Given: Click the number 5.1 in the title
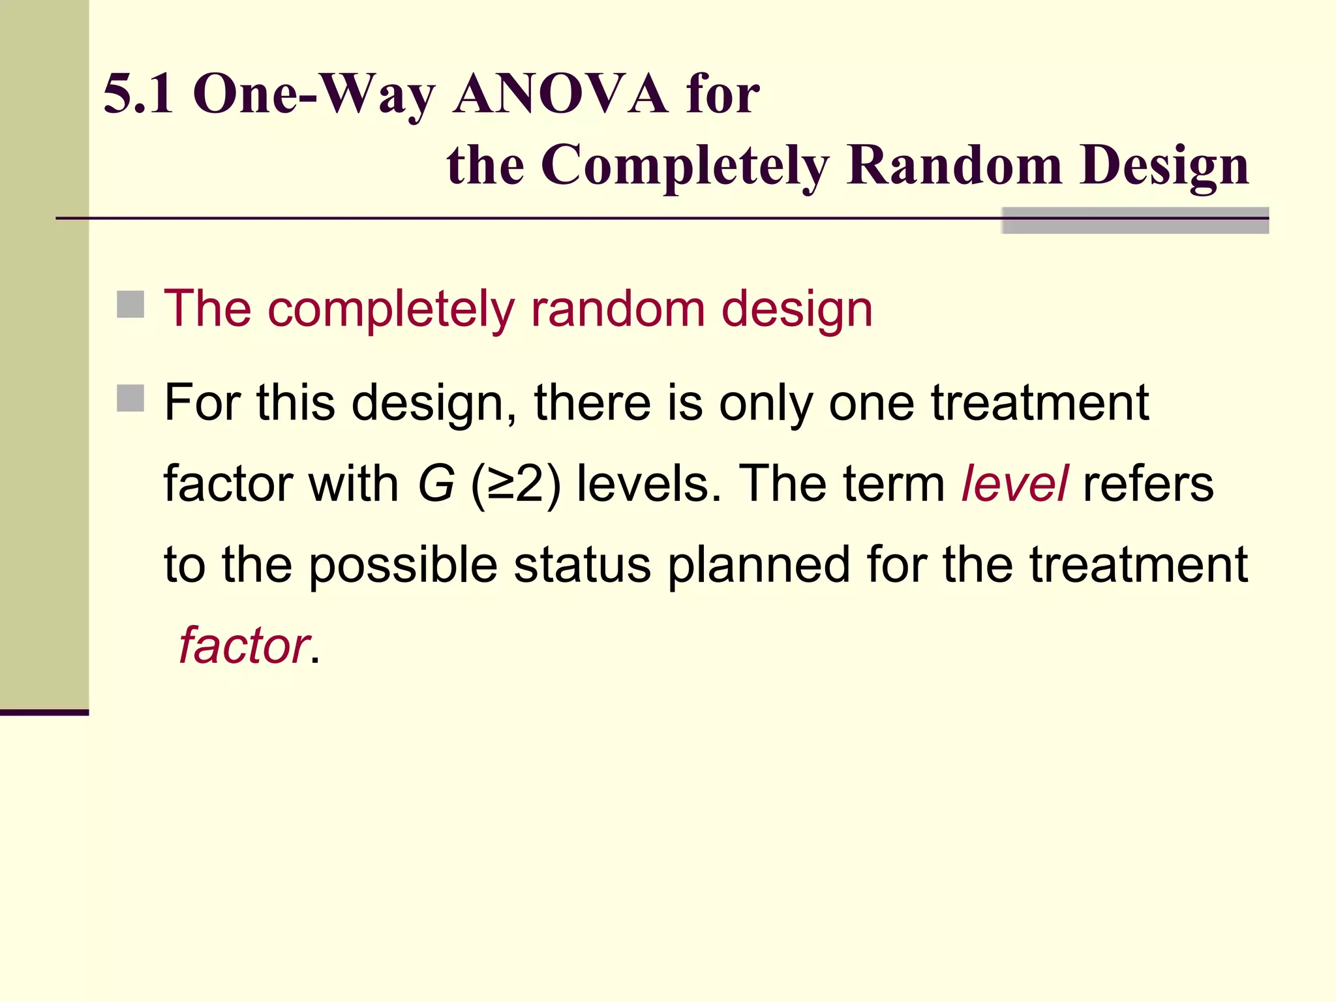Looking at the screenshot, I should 138,94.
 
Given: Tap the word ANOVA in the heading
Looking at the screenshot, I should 560,94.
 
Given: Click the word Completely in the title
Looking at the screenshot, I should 685,166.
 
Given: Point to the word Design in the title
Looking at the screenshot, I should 1164,166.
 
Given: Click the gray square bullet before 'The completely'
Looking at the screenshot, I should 130,305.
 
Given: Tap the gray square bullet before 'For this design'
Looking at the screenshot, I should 130,398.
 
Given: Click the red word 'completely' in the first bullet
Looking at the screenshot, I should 391,309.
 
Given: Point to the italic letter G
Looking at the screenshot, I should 436,484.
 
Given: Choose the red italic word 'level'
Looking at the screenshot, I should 1014,483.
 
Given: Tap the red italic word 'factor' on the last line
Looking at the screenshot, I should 243,645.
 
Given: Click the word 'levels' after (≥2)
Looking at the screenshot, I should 649,484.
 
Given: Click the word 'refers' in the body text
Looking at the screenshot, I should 1148,484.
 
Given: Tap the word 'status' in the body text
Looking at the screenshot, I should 582,564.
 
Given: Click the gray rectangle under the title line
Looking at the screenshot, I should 1134,220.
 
